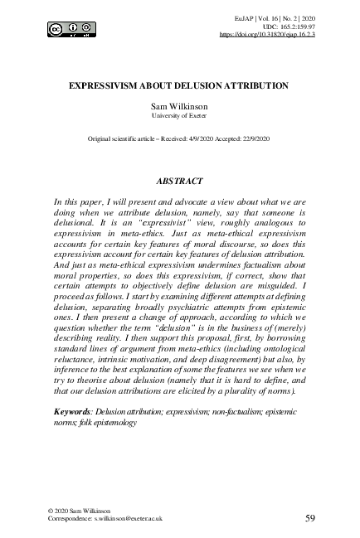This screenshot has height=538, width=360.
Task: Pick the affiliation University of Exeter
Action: tap(180, 118)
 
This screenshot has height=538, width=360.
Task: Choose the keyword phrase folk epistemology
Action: tap(95, 422)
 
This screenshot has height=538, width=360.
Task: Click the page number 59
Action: tap(309, 518)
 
